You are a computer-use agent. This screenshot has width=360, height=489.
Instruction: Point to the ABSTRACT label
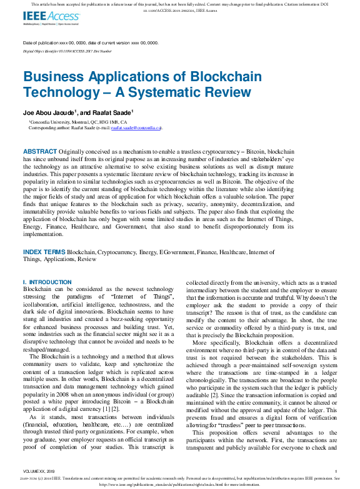[40, 152]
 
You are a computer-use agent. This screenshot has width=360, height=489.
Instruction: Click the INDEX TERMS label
[44, 252]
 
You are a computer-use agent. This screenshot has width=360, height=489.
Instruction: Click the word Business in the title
[54, 77]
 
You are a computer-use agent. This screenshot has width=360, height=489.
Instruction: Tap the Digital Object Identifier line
[67, 51]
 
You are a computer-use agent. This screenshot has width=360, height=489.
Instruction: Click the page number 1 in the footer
[336, 470]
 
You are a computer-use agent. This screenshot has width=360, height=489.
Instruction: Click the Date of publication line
[90, 43]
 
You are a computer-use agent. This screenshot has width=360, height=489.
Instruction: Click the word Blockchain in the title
[209, 77]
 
